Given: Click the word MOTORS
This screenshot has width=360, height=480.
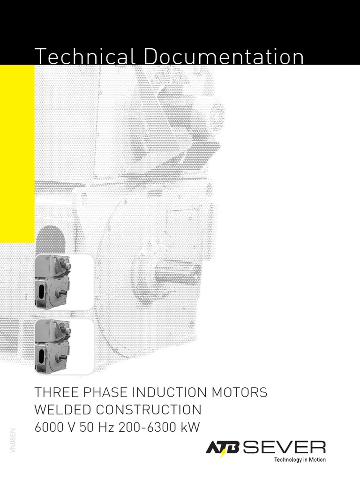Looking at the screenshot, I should pos(244,392).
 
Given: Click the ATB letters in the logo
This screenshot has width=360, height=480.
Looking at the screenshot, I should pos(223,448).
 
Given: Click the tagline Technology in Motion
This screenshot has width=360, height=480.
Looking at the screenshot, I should pos(300,460).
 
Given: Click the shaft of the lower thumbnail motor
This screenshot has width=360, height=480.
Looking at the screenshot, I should pos(61,356).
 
